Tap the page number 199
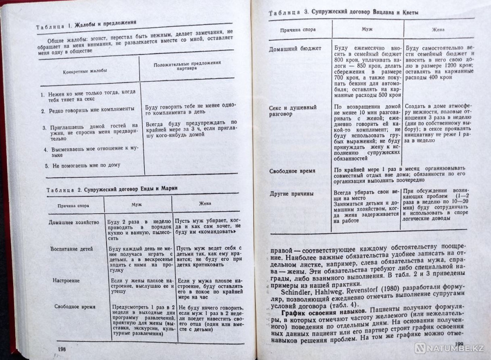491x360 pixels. click(x=459, y=344)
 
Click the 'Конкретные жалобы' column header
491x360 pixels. click(x=85, y=71)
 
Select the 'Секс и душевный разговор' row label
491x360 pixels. click(x=293, y=110)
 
